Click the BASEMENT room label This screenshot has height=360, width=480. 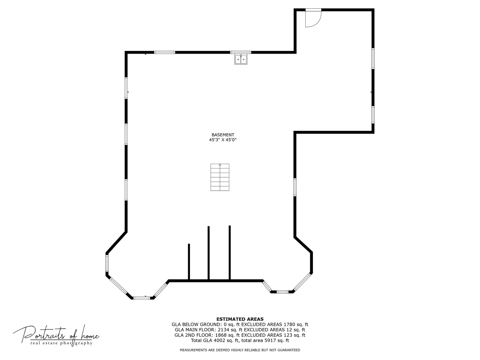223,135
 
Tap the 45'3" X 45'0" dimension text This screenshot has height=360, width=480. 223,140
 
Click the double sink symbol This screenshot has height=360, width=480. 241,59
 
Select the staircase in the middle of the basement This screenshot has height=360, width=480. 220,177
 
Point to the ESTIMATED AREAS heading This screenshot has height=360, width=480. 240,319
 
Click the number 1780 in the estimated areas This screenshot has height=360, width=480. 289,325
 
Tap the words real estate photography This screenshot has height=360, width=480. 61,343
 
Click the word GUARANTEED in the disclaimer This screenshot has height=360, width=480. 289,350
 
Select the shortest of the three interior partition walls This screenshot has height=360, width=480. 189,262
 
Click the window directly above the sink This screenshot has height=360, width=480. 241,52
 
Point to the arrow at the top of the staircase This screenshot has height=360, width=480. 220,165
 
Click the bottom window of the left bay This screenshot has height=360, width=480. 142,298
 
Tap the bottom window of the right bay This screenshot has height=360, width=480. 282,292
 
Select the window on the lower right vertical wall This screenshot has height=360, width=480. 295,187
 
